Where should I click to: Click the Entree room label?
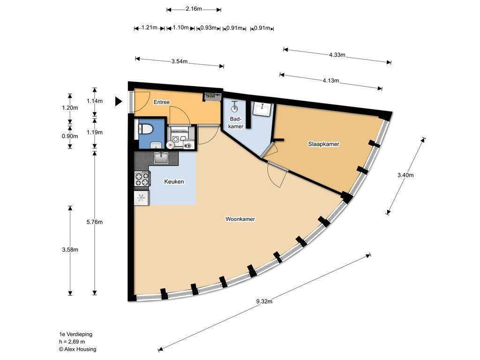pos(162,102)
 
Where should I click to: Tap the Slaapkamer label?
pos(323,144)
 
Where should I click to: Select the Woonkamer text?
pos(240,219)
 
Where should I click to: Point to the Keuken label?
pos(174,181)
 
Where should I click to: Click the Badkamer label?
pos(236,122)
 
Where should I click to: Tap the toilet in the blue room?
pos(145,129)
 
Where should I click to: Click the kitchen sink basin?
pos(161,157)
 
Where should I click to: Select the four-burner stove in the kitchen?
pos(142,179)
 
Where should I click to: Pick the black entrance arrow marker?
pos(119,101)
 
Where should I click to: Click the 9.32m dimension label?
pos(264,301)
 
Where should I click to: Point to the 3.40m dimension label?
pos(405,175)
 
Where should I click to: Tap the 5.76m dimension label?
pos(95,222)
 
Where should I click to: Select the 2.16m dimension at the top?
pos(194,8)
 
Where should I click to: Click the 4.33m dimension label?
pos(337,55)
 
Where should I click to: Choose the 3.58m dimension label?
pos(70,249)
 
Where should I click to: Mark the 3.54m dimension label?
pos(180,61)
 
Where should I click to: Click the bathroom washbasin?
pos(262,108)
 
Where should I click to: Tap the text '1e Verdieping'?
pos(75,334)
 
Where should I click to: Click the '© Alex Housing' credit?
pos(77,349)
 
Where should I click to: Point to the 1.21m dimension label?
pos(150,28)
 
